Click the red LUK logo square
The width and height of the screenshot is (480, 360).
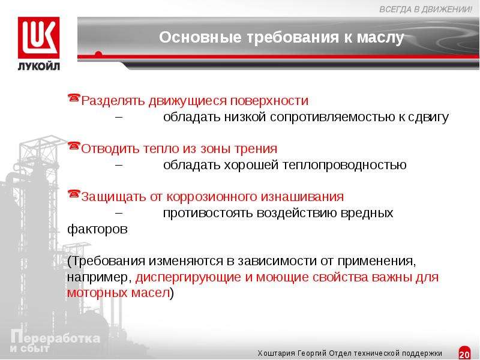pyautogui.click(x=38, y=38)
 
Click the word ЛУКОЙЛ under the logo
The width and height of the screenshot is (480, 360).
pyautogui.click(x=39, y=66)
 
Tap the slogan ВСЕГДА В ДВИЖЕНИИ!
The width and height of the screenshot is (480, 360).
pyautogui.click(x=425, y=10)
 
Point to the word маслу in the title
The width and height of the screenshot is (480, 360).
pyautogui.click(x=380, y=38)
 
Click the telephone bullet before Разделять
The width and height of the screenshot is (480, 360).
pyautogui.click(x=74, y=98)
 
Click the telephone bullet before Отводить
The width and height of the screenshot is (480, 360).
pyautogui.click(x=74, y=146)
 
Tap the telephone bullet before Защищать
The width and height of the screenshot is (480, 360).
pyautogui.click(x=74, y=194)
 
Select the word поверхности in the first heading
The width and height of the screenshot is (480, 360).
pyautogui.click(x=269, y=101)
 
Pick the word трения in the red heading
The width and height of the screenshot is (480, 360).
pyautogui.click(x=256, y=149)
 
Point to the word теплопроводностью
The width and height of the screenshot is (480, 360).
pyautogui.click(x=344, y=166)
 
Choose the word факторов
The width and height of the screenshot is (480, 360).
pyautogui.click(x=97, y=229)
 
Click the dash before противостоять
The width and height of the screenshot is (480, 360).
pyautogui.click(x=119, y=212)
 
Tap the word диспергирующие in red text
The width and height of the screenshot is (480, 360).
pyautogui.click(x=188, y=277)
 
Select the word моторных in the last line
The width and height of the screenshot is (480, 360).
pyautogui.click(x=97, y=293)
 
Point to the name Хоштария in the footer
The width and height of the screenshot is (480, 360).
pyautogui.click(x=277, y=353)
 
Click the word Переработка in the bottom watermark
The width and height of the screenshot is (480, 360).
pyautogui.click(x=55, y=338)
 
